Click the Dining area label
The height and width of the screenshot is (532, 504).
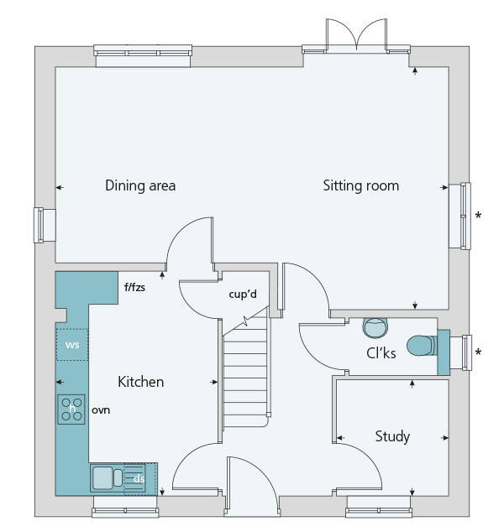[x=140, y=185]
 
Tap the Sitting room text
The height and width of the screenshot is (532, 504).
[x=360, y=186]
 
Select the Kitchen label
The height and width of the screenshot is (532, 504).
[x=140, y=382]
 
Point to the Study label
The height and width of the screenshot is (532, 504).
[x=392, y=436]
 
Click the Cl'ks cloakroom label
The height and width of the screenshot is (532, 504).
[x=381, y=353]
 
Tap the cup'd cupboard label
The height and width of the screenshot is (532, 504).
[x=243, y=295]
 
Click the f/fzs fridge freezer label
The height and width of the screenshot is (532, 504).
[x=134, y=287]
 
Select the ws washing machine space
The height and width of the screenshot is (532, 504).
[x=72, y=345]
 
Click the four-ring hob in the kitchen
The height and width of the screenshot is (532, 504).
[x=71, y=409]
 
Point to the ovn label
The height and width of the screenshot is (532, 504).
[x=101, y=410]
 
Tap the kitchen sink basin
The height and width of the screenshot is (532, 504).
[x=102, y=478]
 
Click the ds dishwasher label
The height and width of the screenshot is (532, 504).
[x=139, y=479]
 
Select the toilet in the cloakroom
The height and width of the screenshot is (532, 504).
[x=422, y=346]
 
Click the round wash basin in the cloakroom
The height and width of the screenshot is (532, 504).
[x=375, y=328]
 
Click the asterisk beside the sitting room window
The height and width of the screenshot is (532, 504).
[x=478, y=216]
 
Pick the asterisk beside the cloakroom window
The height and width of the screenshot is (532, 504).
[x=478, y=353]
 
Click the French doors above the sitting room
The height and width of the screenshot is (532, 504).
[x=356, y=35]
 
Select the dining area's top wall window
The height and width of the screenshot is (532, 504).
[x=143, y=55]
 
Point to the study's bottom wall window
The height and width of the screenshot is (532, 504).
[x=379, y=507]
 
